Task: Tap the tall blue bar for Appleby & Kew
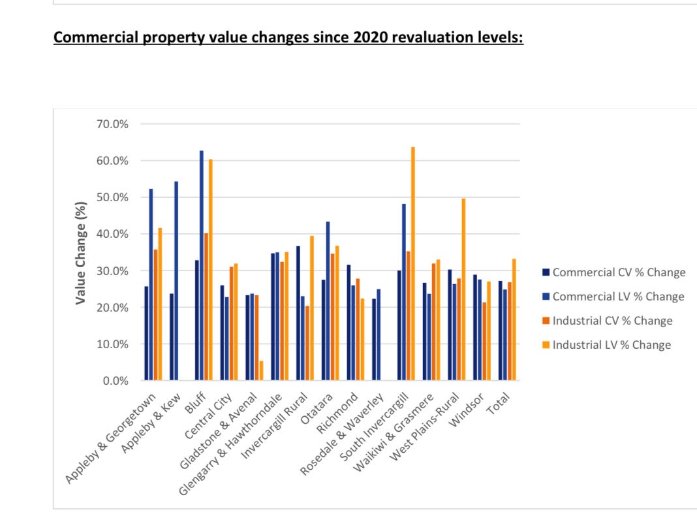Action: (x=176, y=281)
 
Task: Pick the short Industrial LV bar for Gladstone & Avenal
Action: (x=261, y=370)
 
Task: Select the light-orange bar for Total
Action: (x=514, y=319)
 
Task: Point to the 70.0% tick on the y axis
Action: (x=112, y=124)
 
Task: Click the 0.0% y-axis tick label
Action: (x=115, y=381)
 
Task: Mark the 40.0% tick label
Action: (x=112, y=234)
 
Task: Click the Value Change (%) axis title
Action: (x=81, y=253)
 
